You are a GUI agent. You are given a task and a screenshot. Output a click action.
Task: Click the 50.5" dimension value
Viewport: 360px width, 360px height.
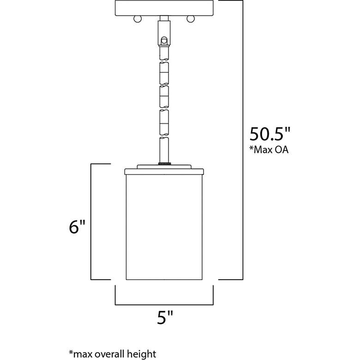pos(270,134)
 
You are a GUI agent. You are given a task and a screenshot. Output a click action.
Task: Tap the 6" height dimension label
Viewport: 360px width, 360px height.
pos(77,227)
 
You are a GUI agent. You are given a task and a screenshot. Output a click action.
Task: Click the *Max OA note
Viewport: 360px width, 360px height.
pos(269,150)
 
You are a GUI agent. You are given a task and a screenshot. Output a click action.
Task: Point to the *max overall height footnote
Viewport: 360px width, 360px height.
pos(113,354)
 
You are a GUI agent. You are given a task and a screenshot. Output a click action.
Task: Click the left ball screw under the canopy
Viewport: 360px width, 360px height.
pos(138,19)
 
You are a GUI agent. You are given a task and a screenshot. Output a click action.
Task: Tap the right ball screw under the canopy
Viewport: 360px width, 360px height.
pos(191,19)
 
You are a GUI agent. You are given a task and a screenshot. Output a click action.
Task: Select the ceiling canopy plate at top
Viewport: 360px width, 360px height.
pos(164,8)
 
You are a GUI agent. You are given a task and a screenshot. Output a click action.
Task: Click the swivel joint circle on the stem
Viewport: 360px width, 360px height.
pos(164,41)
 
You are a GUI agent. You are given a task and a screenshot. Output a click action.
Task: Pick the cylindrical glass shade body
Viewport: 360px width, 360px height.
pos(164,227)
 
